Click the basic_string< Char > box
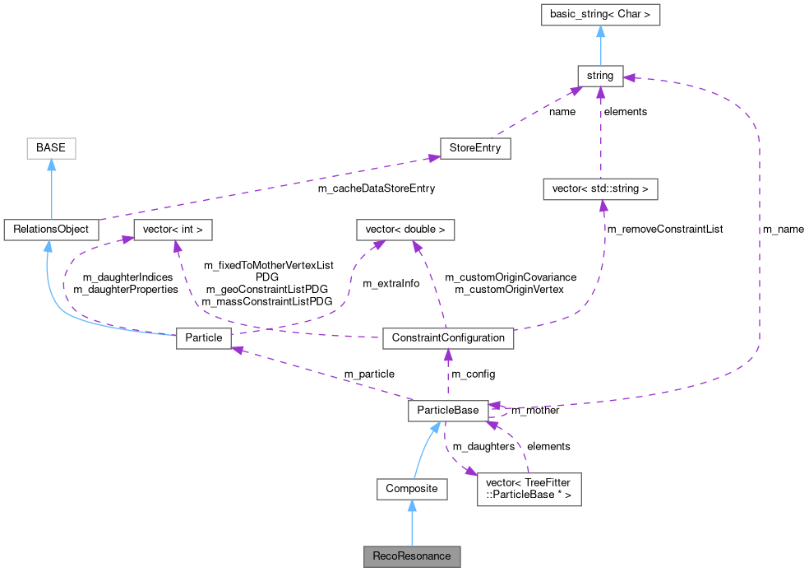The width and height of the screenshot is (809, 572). [x=600, y=15]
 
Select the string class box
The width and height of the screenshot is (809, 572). [x=600, y=76]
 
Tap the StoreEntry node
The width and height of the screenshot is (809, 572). [x=475, y=148]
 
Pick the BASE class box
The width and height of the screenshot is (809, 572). [x=51, y=148]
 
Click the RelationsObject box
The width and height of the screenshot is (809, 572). [x=51, y=230]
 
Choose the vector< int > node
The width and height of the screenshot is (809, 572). [x=173, y=230]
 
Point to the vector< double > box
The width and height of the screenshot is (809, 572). [x=405, y=230]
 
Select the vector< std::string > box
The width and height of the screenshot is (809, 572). [x=600, y=188]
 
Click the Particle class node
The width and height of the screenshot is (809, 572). [x=204, y=337]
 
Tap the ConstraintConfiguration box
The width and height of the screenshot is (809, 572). [x=448, y=337]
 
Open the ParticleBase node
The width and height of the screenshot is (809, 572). [x=448, y=410]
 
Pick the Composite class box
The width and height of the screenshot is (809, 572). [x=412, y=489]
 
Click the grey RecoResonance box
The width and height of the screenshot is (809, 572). [x=412, y=556]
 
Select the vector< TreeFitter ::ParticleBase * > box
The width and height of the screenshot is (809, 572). [x=529, y=489]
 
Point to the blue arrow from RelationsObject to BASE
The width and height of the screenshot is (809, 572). [x=51, y=189]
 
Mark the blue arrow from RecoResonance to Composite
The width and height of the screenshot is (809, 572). [x=412, y=523]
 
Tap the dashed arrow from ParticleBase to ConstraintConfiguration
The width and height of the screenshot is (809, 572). [x=448, y=374]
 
